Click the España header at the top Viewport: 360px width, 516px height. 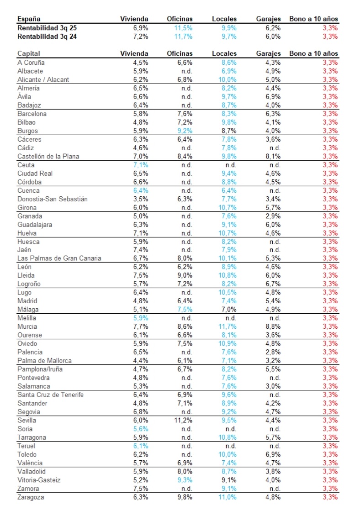tap(29, 19)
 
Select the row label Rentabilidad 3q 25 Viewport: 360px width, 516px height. tap(47, 28)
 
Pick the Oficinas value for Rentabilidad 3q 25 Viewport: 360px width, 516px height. tap(183, 28)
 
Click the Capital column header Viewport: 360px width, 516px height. tap(29, 53)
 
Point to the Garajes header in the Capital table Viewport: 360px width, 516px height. tap(268, 53)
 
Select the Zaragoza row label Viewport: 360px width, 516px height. tap(31, 497)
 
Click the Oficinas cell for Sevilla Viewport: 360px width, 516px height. tap(183, 421)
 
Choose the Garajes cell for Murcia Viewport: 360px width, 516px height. tap(273, 326)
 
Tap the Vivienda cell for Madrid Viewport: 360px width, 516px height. tap(141, 301)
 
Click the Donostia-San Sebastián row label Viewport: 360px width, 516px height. tap(52, 199)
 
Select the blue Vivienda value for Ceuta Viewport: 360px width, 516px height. tap(141, 165)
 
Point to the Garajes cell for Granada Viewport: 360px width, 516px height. tap(273, 216)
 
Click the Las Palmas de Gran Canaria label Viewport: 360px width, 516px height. tap(59, 258)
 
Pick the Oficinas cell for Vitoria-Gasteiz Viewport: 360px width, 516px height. tap(183, 480)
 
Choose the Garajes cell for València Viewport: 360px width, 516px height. tap(273, 463)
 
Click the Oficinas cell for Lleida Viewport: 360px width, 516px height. tap(183, 275)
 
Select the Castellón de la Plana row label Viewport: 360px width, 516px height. tap(48, 156)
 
